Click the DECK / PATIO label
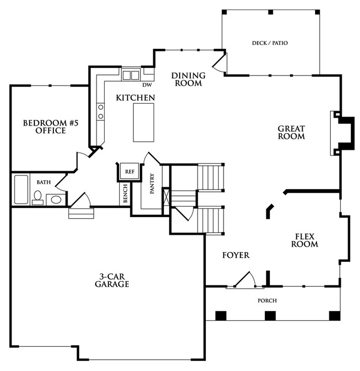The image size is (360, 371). [x=270, y=43]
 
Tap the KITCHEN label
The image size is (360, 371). [x=135, y=98]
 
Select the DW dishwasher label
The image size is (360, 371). [x=147, y=85]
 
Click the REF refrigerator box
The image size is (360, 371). [x=129, y=171]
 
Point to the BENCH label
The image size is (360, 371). [x=125, y=193]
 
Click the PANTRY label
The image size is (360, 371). [x=152, y=184]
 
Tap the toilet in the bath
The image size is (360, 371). [x=37, y=198]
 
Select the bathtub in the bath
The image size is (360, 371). [x=21, y=189]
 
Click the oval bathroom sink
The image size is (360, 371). [x=56, y=200]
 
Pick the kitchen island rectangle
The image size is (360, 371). [x=143, y=122]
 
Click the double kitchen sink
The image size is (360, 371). [x=130, y=75]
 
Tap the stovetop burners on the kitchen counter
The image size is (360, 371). [x=100, y=112]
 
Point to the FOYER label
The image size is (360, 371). [x=236, y=255]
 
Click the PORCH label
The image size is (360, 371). [x=267, y=301]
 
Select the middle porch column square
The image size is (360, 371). [x=270, y=316]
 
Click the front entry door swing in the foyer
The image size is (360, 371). [x=245, y=279]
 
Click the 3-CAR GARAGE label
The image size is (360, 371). [x=112, y=280]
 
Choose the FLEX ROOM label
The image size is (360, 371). [x=305, y=240]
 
